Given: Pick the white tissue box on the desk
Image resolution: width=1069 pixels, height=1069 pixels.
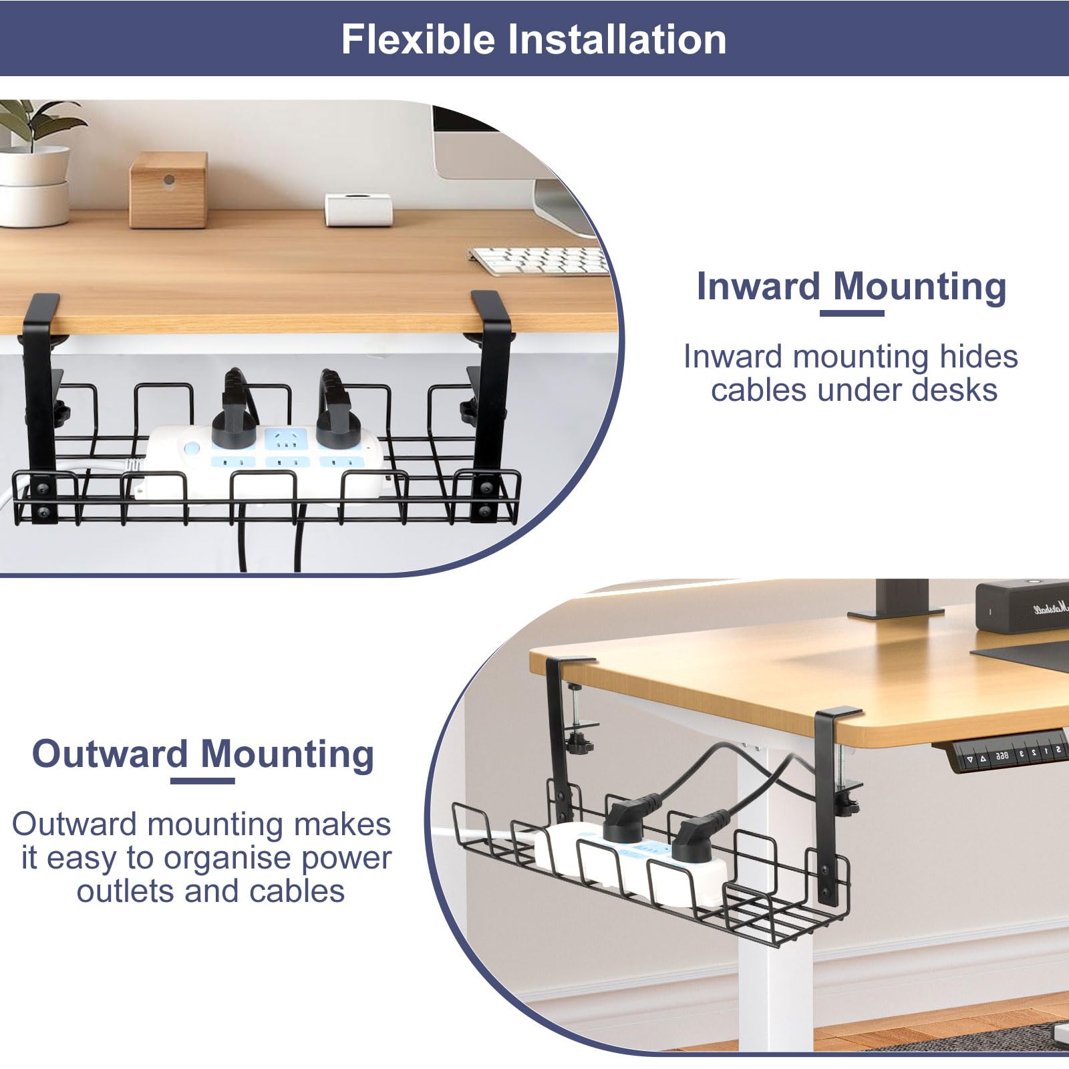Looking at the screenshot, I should click(x=358, y=209).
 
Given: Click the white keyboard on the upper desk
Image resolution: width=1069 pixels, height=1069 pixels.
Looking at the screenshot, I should click(x=539, y=260).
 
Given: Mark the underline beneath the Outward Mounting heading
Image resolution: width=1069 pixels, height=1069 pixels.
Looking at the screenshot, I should click(x=202, y=780).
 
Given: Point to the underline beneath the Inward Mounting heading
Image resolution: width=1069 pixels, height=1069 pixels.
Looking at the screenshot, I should click(x=852, y=313).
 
